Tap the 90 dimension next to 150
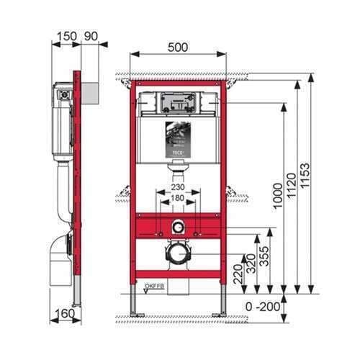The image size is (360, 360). coord(91,35)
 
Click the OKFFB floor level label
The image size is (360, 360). coord(153,287)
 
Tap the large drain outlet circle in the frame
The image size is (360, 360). coord(178,253)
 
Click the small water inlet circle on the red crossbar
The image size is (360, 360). coord(178,228)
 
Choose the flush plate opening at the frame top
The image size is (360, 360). coord(178,104)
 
